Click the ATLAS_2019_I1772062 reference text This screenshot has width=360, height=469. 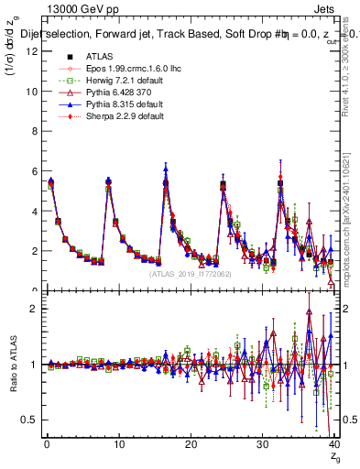pyautogui.click(x=190, y=274)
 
